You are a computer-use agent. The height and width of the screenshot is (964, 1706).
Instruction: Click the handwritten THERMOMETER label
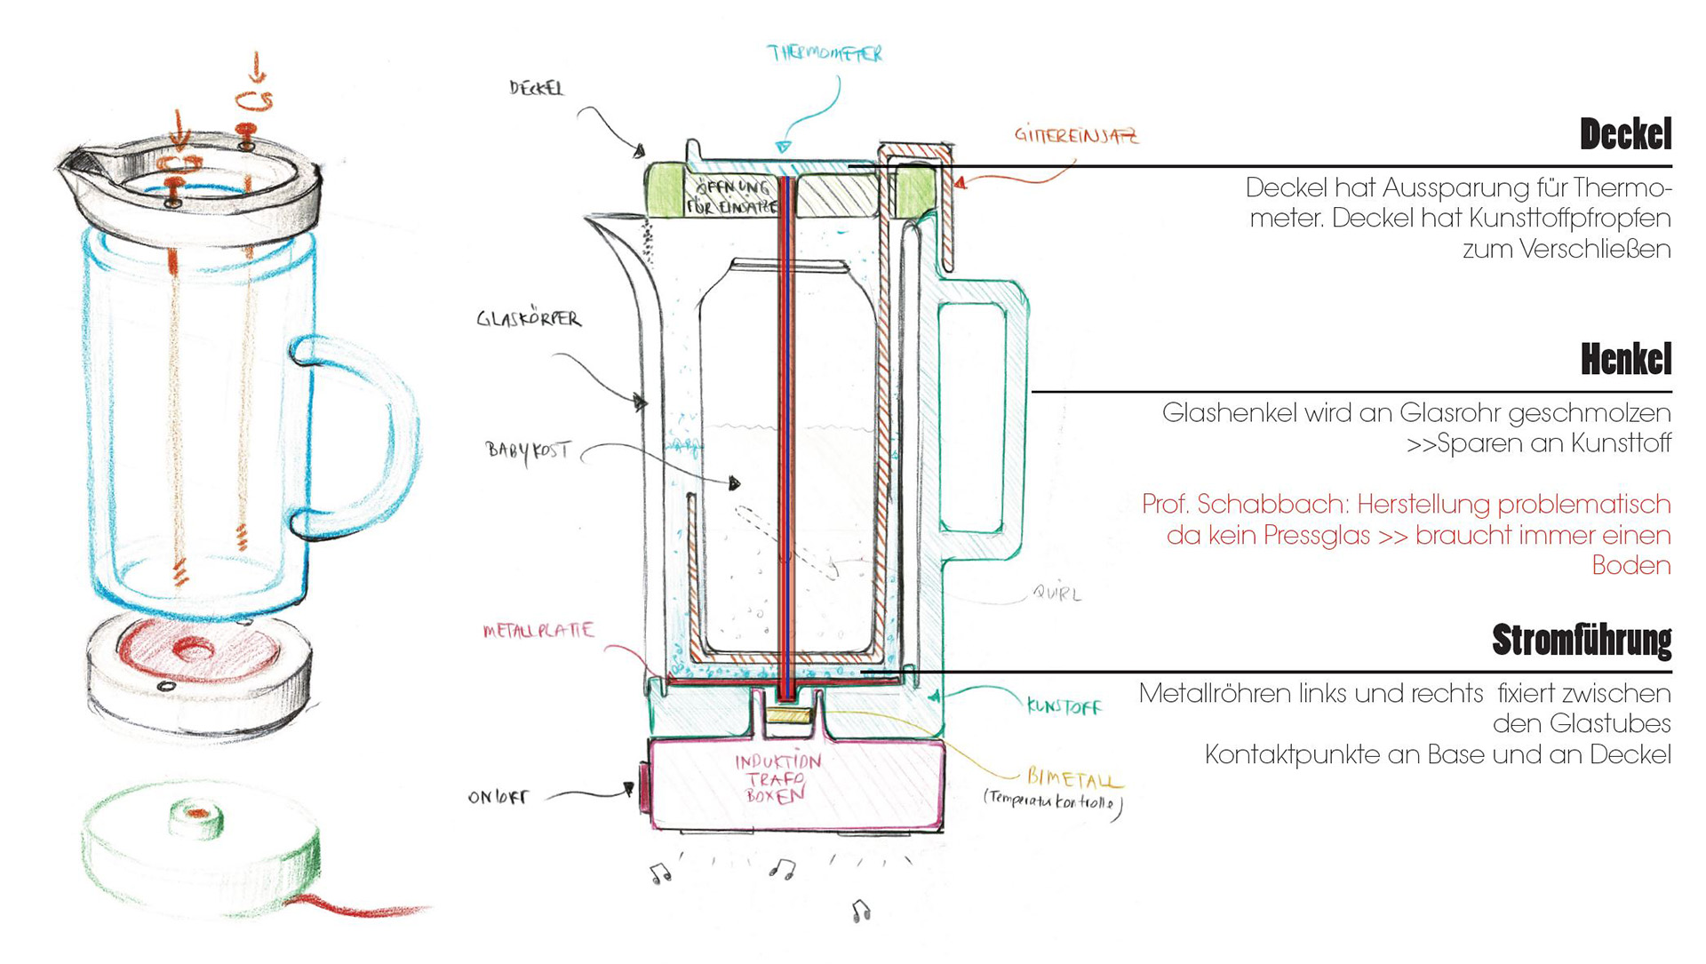825,54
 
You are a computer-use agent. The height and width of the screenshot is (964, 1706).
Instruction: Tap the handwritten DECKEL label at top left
537,88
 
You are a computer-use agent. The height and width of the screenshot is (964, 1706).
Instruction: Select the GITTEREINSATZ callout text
1076,136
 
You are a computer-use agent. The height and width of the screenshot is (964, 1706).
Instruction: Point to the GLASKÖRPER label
529,319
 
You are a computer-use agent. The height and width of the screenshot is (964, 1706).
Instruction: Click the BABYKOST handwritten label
527,450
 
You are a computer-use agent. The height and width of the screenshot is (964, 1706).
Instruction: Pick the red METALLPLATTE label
538,631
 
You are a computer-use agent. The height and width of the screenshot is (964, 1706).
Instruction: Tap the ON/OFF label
498,797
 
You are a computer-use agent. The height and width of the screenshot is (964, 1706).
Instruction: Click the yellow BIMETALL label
1074,779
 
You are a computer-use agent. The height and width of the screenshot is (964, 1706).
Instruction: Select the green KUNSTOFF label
1064,707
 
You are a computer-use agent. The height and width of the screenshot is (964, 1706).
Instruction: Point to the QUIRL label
1056,593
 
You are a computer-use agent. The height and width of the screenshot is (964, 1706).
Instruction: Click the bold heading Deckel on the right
1625,134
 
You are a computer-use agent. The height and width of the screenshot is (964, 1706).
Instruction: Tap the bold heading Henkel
1625,360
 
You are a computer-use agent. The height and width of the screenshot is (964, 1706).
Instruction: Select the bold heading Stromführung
1582,640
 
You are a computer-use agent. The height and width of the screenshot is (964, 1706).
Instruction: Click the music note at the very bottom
860,910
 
